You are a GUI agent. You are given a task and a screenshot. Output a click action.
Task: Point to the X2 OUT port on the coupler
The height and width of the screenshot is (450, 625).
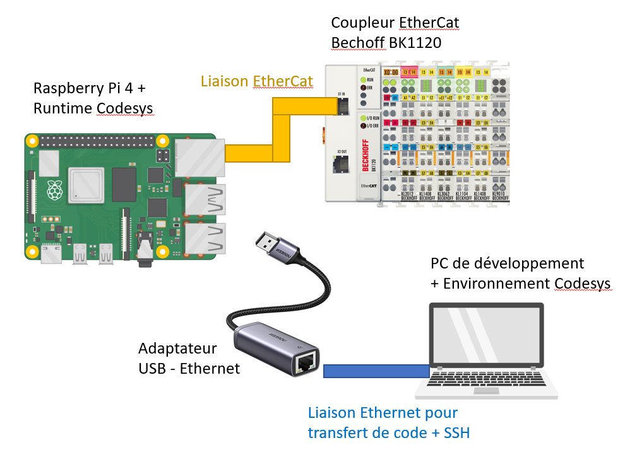pos(340,166)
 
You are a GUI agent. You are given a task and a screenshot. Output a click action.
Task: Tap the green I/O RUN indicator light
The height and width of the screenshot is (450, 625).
pos(363,118)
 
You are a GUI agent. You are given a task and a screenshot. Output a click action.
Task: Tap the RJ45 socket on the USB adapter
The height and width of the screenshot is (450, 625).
pos(306,362)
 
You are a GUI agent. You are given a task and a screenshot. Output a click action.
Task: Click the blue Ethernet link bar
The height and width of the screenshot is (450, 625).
pos(376,371)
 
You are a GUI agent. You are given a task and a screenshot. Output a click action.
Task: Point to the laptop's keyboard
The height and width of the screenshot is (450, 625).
pos(486,380)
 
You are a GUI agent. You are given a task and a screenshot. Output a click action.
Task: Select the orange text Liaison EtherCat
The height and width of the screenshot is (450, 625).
pos(257,81)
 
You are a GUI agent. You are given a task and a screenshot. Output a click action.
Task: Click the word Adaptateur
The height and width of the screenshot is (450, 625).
pos(177,349)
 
